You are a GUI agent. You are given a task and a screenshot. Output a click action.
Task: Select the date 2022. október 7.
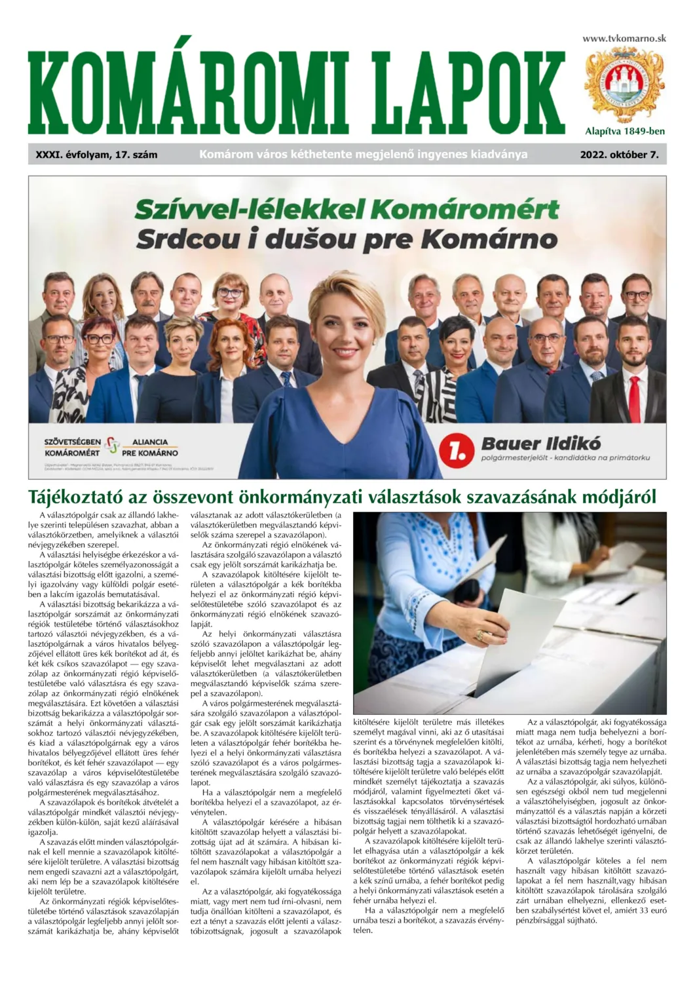(619, 155)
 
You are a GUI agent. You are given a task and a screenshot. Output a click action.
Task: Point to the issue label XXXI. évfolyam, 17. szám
(97, 155)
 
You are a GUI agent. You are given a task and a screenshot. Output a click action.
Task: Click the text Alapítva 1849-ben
(625, 131)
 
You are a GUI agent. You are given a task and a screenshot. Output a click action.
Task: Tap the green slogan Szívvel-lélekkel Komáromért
(347, 210)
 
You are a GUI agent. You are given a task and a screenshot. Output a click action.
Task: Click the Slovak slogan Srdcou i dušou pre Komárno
(347, 239)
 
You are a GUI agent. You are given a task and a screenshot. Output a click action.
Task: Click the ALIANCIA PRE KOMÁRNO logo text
(150, 448)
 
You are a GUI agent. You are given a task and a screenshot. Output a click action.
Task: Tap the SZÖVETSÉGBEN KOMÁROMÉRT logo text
(72, 448)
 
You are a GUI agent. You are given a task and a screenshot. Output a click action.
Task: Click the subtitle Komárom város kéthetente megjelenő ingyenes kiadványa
(363, 155)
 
